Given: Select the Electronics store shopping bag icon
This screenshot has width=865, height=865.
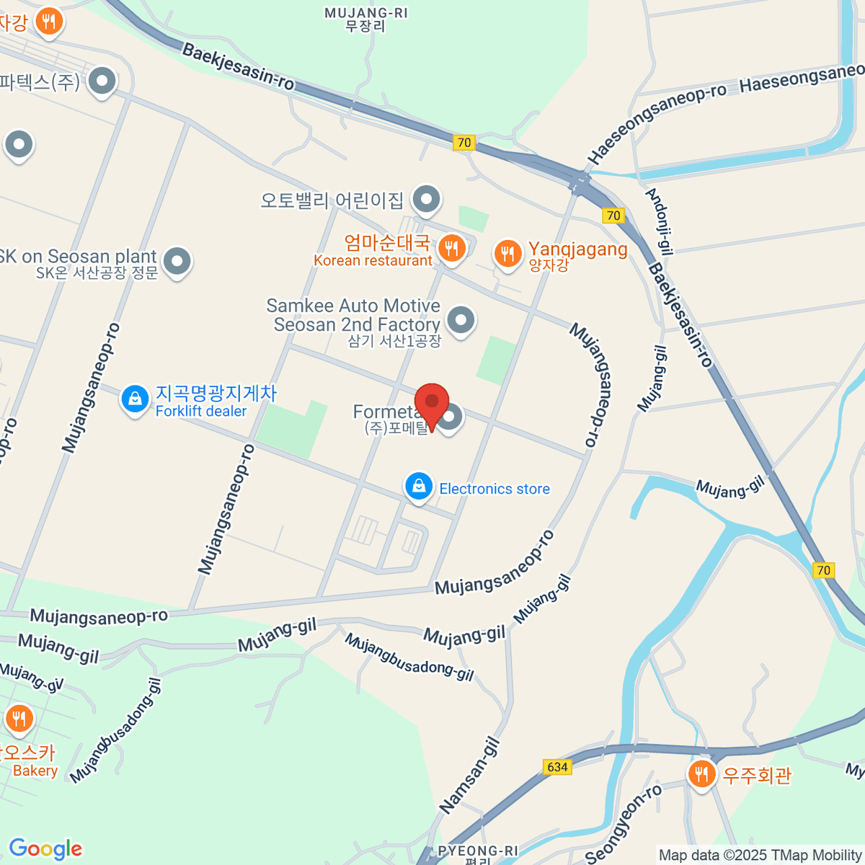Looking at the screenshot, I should (x=418, y=487).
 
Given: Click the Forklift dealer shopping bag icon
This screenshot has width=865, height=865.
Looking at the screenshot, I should (x=135, y=399).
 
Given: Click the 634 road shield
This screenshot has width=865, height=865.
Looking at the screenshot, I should (x=557, y=767).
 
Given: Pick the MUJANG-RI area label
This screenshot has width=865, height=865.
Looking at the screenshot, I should (x=365, y=13).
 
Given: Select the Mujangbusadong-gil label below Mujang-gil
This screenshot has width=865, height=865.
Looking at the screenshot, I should (x=409, y=657).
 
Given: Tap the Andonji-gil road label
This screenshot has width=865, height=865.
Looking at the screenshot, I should (x=660, y=222).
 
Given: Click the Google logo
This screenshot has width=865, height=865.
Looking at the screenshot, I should (x=45, y=848).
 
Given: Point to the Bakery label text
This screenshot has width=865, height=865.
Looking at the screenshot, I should (x=35, y=771).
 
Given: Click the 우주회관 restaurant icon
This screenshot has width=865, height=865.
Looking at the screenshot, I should (x=701, y=774).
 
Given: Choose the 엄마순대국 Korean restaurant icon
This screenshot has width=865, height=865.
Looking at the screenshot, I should (x=452, y=248).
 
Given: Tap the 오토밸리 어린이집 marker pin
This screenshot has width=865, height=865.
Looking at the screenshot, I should (x=426, y=198).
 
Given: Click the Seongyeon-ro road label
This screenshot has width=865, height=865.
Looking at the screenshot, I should (x=624, y=824).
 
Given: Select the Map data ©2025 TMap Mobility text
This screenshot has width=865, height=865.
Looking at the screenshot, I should (x=760, y=855).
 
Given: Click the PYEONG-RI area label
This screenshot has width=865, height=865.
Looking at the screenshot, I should (x=477, y=851).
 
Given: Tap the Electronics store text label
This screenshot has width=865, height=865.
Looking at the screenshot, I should (x=494, y=489).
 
